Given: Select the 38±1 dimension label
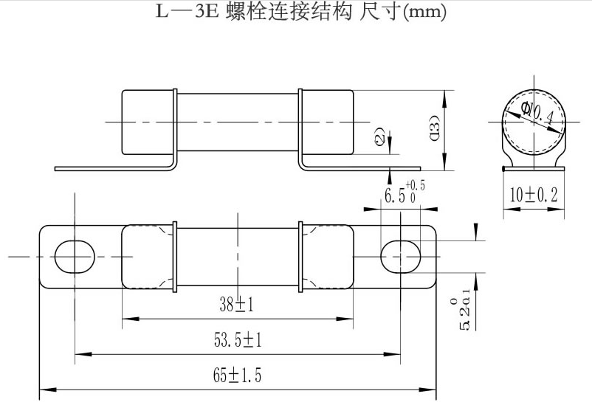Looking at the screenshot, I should click(236, 303).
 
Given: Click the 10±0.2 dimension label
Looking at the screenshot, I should click(533, 195).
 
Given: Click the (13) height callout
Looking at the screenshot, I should click(434, 129).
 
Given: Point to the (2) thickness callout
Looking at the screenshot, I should click(379, 137).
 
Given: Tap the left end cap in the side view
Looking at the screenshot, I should click(148, 122).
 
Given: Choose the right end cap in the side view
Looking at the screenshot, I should click(327, 122).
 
